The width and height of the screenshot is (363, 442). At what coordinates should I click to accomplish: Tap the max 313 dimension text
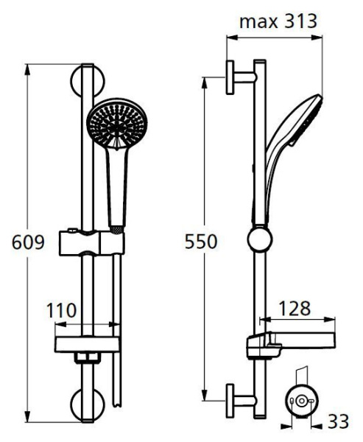[278, 21]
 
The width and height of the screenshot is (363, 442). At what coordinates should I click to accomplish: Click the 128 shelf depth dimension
[294, 308]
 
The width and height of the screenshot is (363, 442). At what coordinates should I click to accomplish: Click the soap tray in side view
[287, 343]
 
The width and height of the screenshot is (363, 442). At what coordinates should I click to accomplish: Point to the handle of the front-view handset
[116, 184]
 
